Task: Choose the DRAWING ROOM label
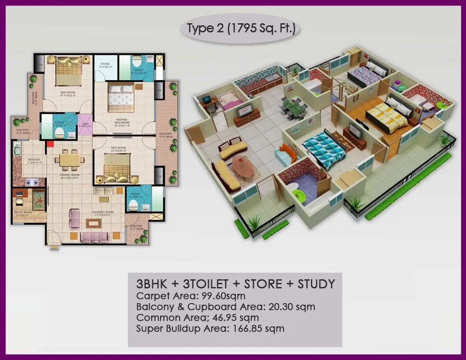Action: click(101, 213)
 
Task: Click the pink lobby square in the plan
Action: click(84, 124)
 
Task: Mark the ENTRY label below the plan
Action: click(53, 249)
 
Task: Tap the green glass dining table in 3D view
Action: click(293, 109)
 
